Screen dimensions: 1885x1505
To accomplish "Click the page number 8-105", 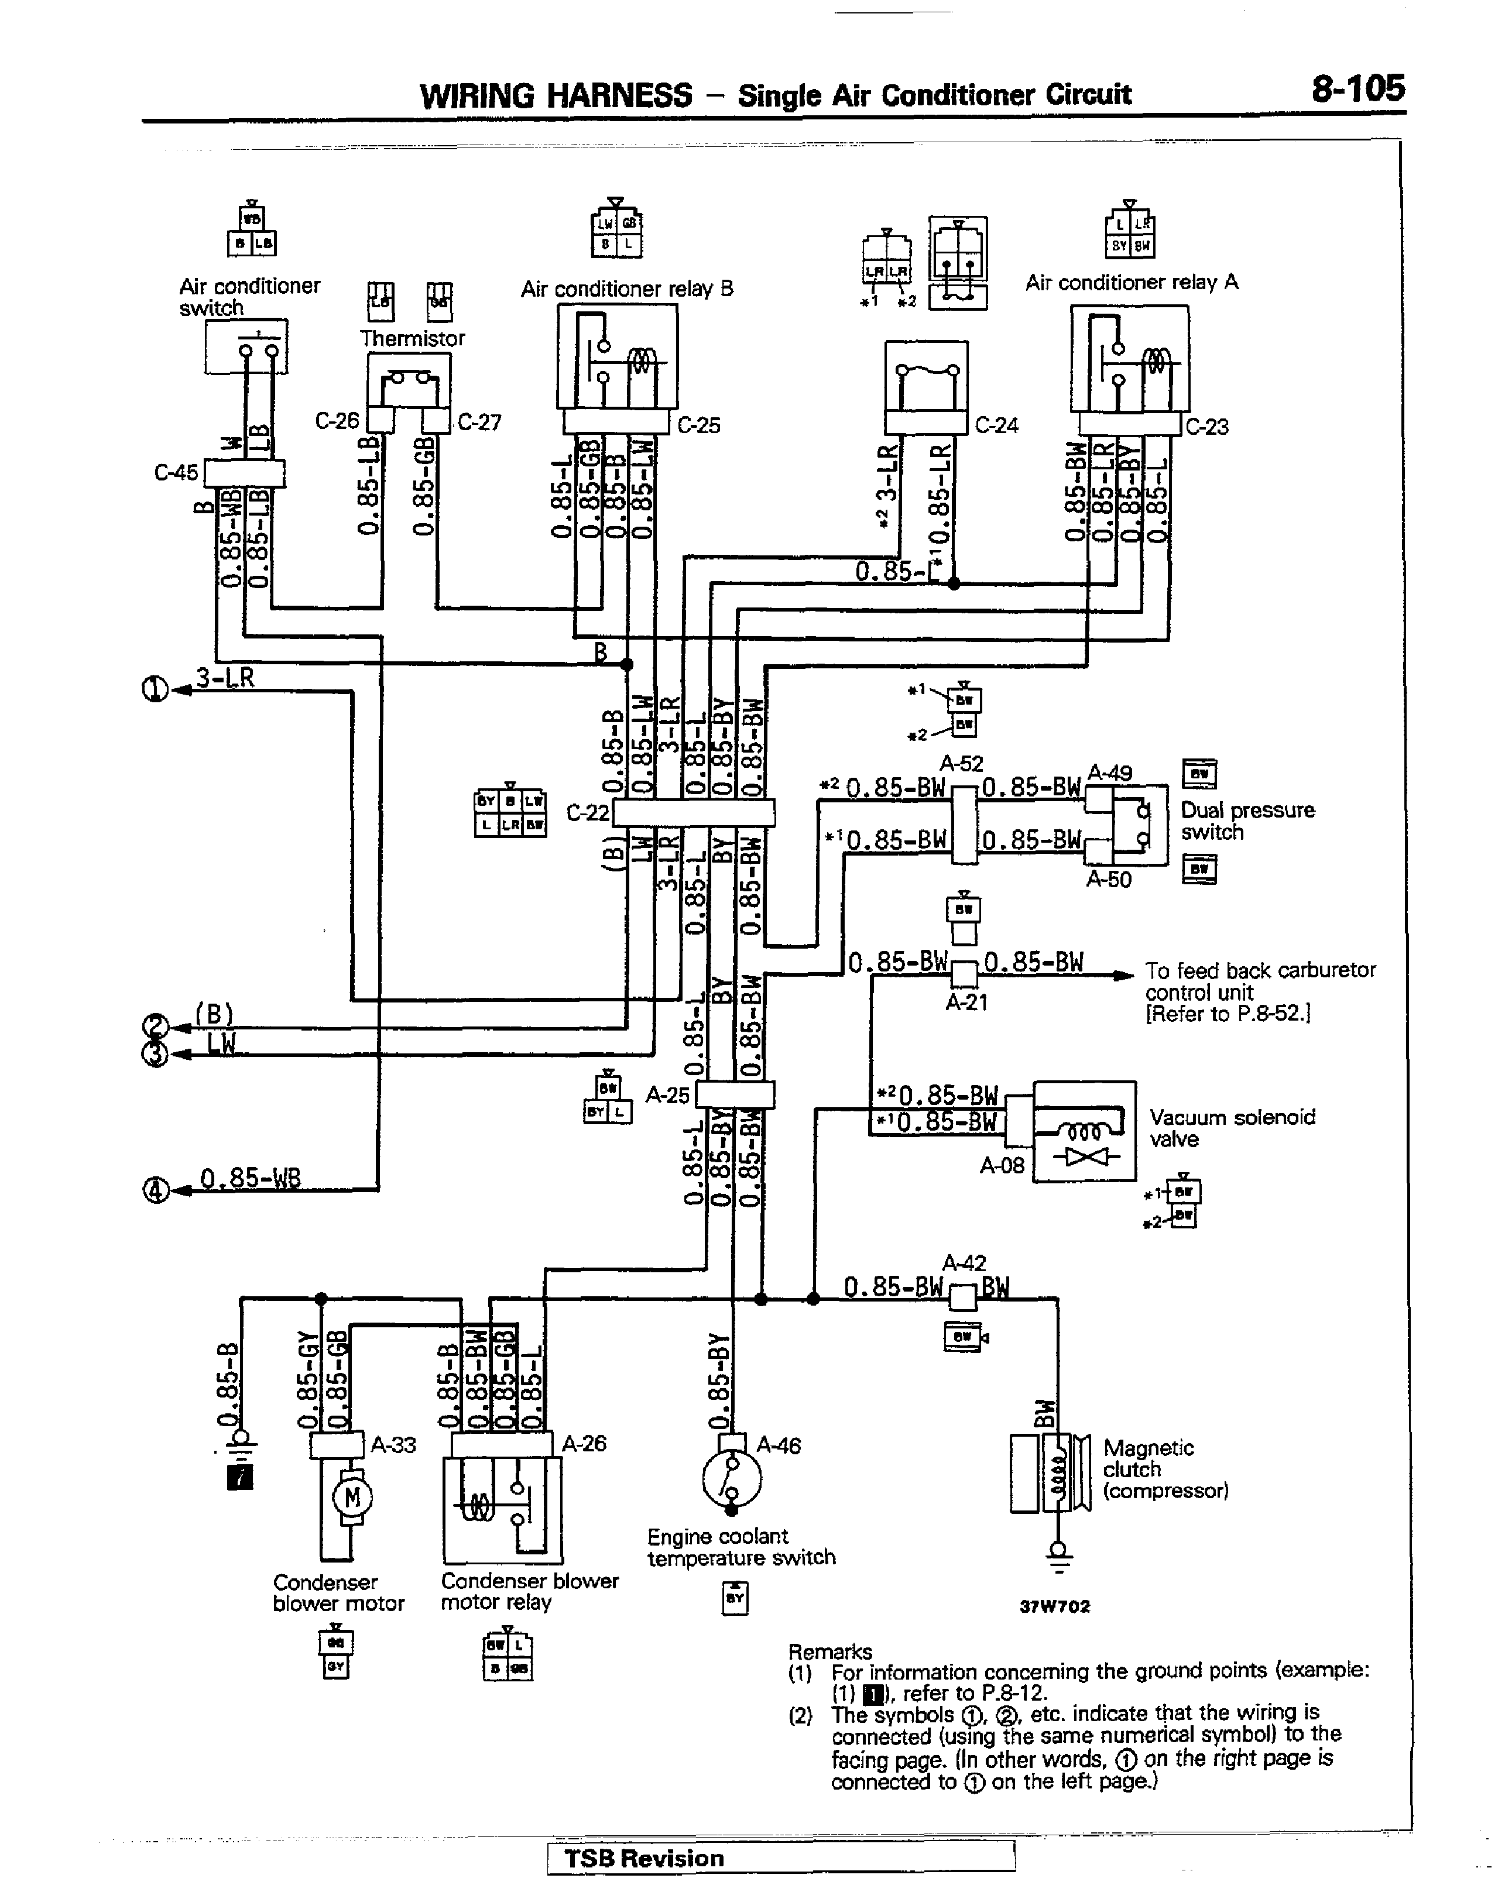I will click(x=1357, y=88).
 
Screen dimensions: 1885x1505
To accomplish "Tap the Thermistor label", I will click(x=412, y=338).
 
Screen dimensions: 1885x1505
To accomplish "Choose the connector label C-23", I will click(x=1207, y=427).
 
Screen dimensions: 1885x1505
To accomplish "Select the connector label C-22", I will click(x=588, y=812).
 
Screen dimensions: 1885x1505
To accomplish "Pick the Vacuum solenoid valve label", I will click(x=1231, y=1128).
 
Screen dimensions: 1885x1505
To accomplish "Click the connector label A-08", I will click(x=1002, y=1165).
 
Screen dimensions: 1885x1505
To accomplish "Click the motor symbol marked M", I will click(x=352, y=1498).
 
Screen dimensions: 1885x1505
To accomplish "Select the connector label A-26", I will click(x=583, y=1444).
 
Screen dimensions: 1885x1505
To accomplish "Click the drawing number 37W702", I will click(x=1055, y=1606).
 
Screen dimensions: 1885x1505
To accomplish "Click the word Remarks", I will click(x=830, y=1651).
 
